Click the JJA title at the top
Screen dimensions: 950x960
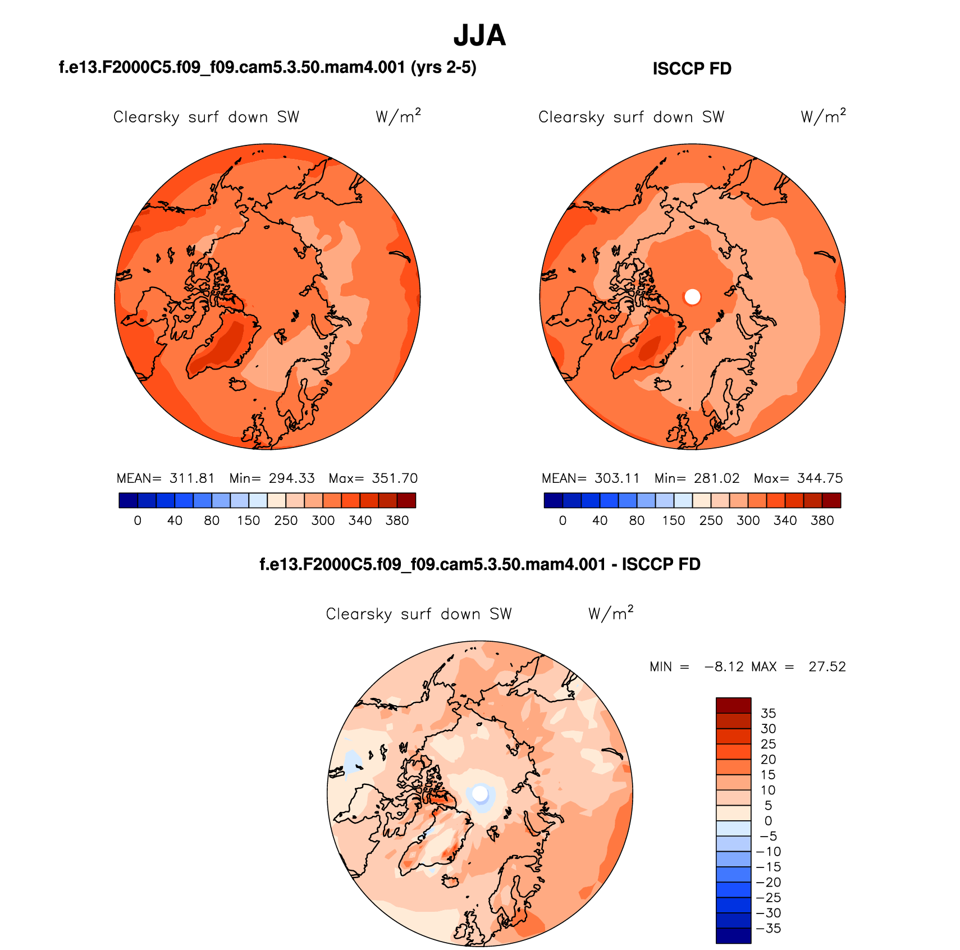[479, 35]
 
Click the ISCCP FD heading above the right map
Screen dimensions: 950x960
[692, 68]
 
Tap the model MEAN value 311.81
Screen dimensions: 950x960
[192, 478]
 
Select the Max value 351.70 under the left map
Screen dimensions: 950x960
[395, 478]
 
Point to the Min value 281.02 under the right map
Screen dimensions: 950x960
[716, 478]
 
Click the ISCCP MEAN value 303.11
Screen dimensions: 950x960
[617, 478]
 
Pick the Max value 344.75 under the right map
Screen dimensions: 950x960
[820, 478]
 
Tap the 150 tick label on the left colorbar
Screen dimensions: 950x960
[249, 520]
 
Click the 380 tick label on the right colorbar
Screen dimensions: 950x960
[822, 520]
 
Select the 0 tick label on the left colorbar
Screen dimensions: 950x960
[138, 520]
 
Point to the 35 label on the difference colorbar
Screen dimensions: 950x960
[768, 714]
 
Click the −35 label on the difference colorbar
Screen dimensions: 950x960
[769, 929]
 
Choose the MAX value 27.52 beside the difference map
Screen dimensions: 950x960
[827, 666]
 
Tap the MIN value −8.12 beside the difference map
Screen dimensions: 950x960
[724, 666]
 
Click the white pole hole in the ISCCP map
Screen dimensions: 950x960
[692, 296]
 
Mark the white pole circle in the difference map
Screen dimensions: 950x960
[480, 793]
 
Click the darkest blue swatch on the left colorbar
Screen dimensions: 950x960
[128, 500]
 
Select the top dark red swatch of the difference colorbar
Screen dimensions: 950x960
[733, 705]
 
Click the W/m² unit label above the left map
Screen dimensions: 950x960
[397, 116]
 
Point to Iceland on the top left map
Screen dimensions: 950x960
[238, 385]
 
